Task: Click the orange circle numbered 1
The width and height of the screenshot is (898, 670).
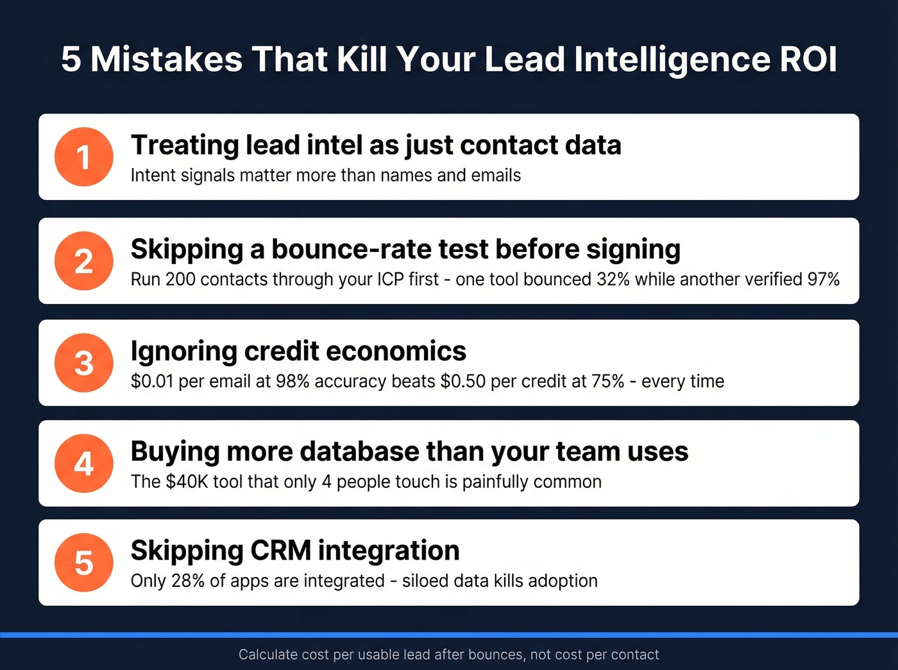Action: tap(83, 157)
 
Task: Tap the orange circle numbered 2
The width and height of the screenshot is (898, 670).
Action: tap(83, 261)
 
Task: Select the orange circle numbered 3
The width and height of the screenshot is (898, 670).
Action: tap(83, 363)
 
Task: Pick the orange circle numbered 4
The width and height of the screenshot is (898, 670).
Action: tap(83, 464)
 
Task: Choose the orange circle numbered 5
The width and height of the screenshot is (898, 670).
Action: tap(83, 562)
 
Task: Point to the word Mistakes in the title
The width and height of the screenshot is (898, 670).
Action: tap(167, 59)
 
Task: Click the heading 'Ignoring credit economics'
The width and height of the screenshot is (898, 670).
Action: tap(298, 351)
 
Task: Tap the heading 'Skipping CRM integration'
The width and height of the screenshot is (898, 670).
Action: tap(295, 551)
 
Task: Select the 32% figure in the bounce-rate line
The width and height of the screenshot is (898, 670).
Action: tap(613, 280)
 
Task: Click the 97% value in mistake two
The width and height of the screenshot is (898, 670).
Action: tap(824, 280)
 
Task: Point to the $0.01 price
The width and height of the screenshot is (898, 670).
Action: tap(152, 381)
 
